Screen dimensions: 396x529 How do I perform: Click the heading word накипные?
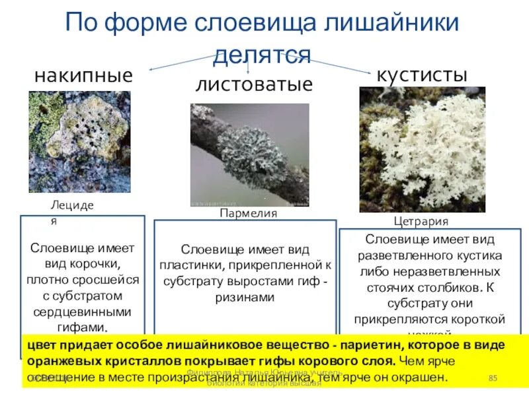[83, 76]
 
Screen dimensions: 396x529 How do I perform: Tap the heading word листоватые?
[253, 84]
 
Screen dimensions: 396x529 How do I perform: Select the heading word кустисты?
[422, 75]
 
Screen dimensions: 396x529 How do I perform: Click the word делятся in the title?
[262, 54]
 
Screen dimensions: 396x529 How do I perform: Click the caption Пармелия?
[248, 214]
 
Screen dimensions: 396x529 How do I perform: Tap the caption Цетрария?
[421, 221]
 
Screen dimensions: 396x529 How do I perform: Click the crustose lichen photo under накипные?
[80, 141]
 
